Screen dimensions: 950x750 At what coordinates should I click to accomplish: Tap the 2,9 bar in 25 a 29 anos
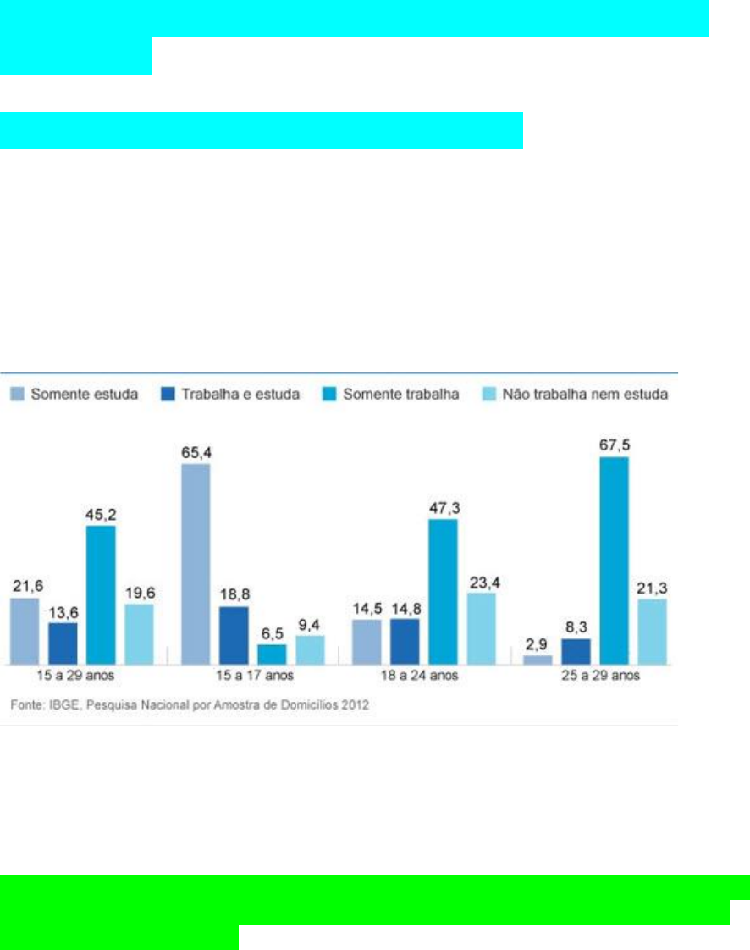pos(538,659)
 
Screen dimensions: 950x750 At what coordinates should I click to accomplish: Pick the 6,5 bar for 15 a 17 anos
pos(272,654)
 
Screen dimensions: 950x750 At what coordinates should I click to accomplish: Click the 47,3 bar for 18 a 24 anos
pos(443,591)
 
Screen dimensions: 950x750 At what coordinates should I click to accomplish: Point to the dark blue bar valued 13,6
pos(63,643)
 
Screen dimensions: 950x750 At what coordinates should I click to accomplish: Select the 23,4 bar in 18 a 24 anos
pos(481,627)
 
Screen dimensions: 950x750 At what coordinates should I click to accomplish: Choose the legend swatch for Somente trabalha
pos(329,395)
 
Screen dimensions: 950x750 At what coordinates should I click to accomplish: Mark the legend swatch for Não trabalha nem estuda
pos(489,395)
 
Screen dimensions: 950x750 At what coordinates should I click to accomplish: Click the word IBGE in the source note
pos(58,704)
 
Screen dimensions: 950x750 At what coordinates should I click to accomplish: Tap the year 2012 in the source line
pos(355,704)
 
